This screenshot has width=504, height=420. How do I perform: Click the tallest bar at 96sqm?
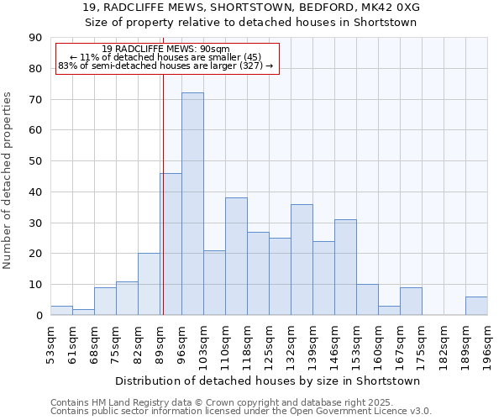192,204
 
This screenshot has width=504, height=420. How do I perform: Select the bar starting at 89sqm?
171,244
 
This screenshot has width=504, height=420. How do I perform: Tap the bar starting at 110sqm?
236,256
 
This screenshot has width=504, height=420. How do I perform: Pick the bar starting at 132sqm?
302,260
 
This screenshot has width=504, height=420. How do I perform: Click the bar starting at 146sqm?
345,267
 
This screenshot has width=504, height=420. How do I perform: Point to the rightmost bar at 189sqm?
476,306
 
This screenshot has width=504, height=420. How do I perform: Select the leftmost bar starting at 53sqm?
61,311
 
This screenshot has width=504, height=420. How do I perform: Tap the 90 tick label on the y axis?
35,38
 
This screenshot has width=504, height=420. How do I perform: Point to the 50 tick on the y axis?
35,161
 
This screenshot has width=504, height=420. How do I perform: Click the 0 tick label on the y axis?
39,315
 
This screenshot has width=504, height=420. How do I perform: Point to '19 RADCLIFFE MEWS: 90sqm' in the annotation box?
165,50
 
